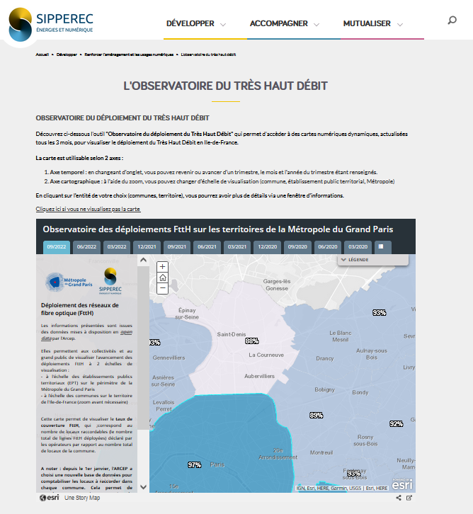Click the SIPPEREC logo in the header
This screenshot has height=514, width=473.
click(x=50, y=23)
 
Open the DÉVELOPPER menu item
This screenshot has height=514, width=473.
click(x=190, y=23)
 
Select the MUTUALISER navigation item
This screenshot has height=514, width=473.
click(x=367, y=23)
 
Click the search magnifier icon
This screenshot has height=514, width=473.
click(x=452, y=21)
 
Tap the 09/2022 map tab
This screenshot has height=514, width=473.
click(x=56, y=246)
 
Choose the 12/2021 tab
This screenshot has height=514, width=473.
click(x=147, y=246)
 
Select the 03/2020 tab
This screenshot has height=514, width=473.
click(x=358, y=246)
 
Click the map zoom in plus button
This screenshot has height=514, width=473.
click(x=163, y=267)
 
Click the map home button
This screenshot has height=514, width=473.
click(x=163, y=278)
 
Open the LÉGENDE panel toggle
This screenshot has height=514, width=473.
click(x=372, y=260)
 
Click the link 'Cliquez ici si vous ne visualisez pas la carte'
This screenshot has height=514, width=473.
click(x=89, y=210)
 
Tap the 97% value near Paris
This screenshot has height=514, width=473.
click(x=194, y=465)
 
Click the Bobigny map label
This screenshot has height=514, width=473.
click(x=324, y=389)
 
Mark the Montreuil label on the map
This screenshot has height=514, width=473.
click(x=321, y=452)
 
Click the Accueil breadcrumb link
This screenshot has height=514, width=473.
click(x=42, y=54)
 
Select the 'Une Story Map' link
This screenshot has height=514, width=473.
click(x=82, y=498)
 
